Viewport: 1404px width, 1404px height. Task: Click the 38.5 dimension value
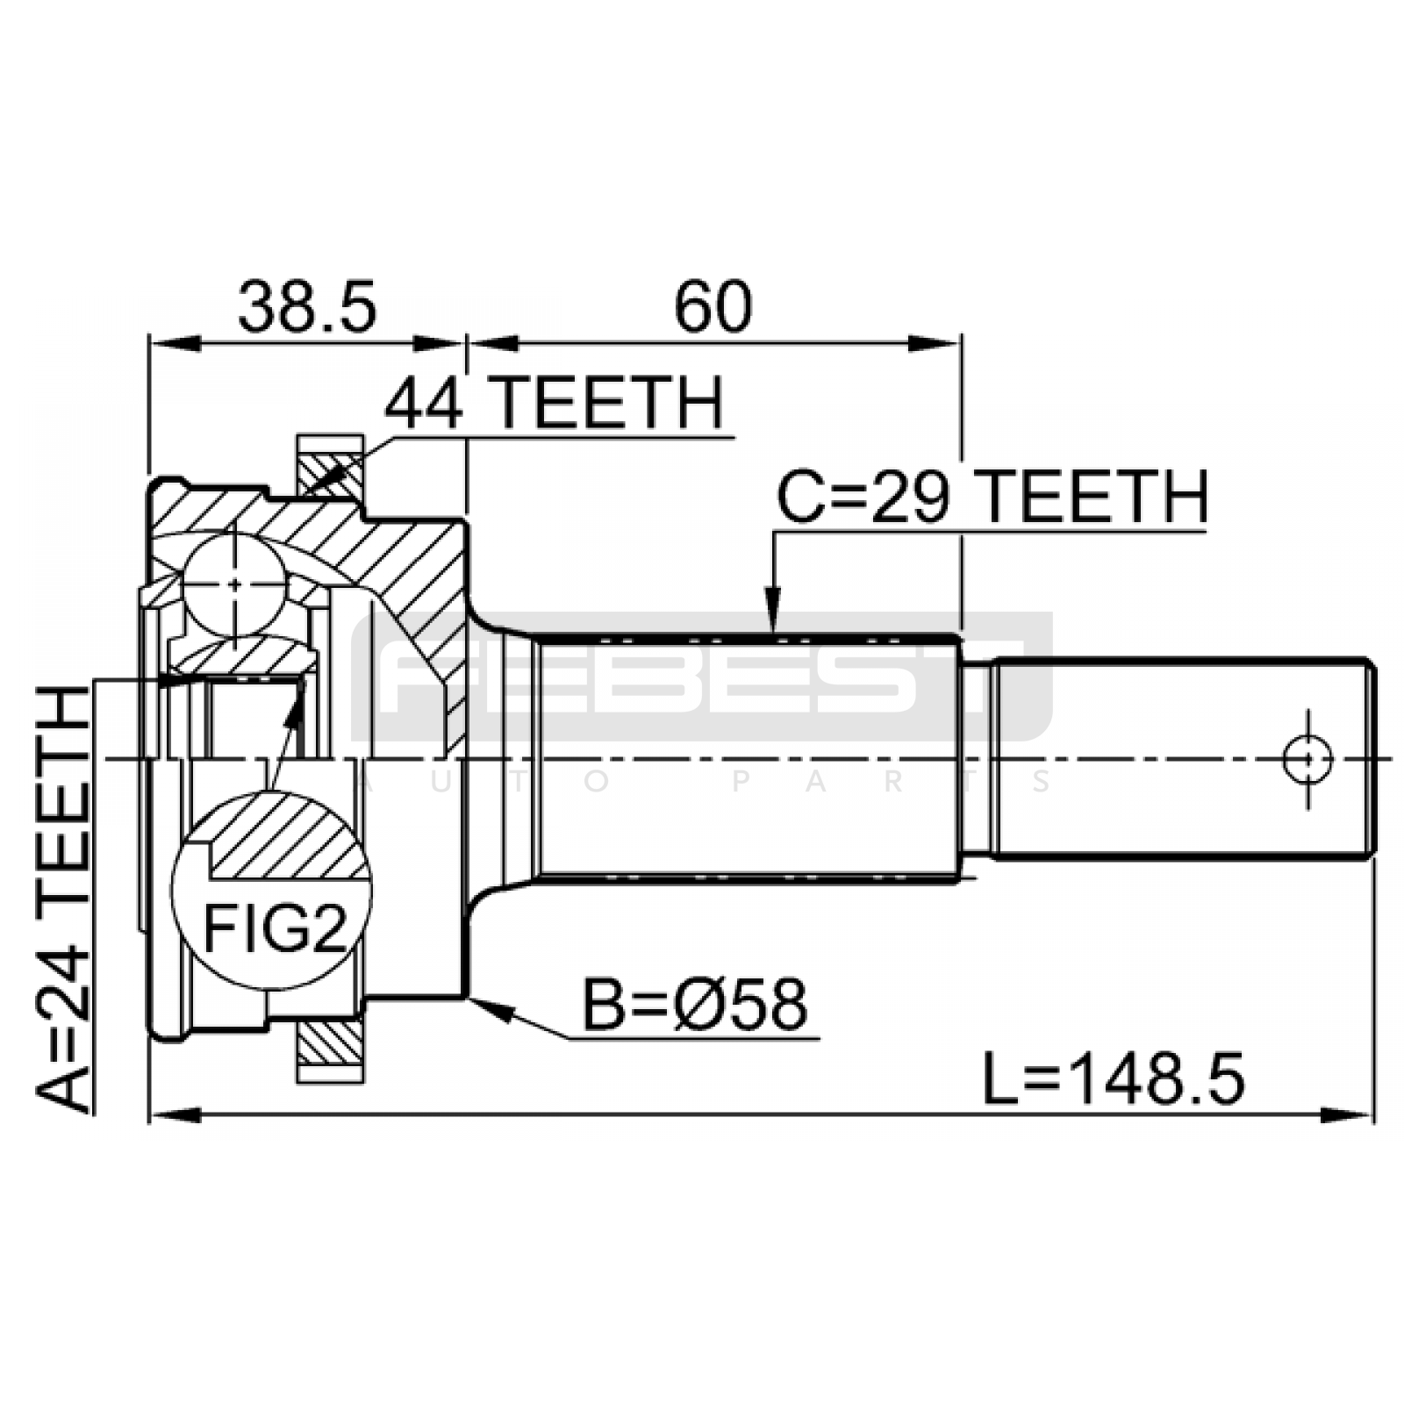307,307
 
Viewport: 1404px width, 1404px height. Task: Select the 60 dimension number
713,307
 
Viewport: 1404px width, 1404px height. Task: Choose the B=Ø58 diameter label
694,1006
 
